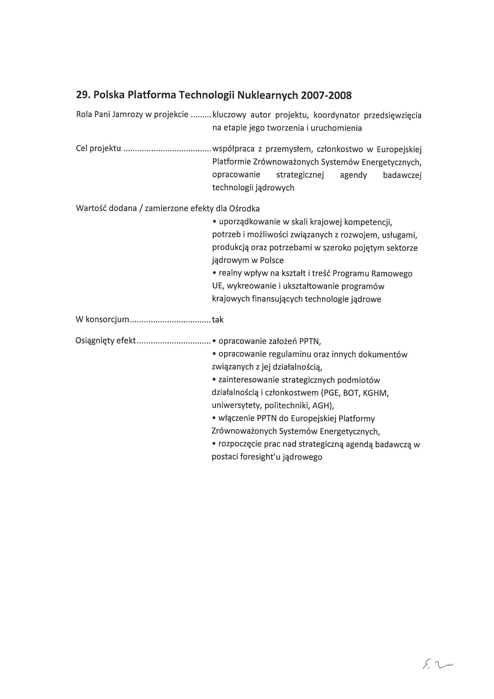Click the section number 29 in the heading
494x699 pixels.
(x=82, y=96)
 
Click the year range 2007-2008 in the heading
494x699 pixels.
(x=326, y=96)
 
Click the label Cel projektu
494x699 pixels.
(x=98, y=149)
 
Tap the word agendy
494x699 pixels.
(x=353, y=175)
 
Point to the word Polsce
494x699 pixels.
(x=272, y=261)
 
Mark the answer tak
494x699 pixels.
(x=218, y=320)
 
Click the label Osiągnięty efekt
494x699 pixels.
(x=105, y=341)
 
